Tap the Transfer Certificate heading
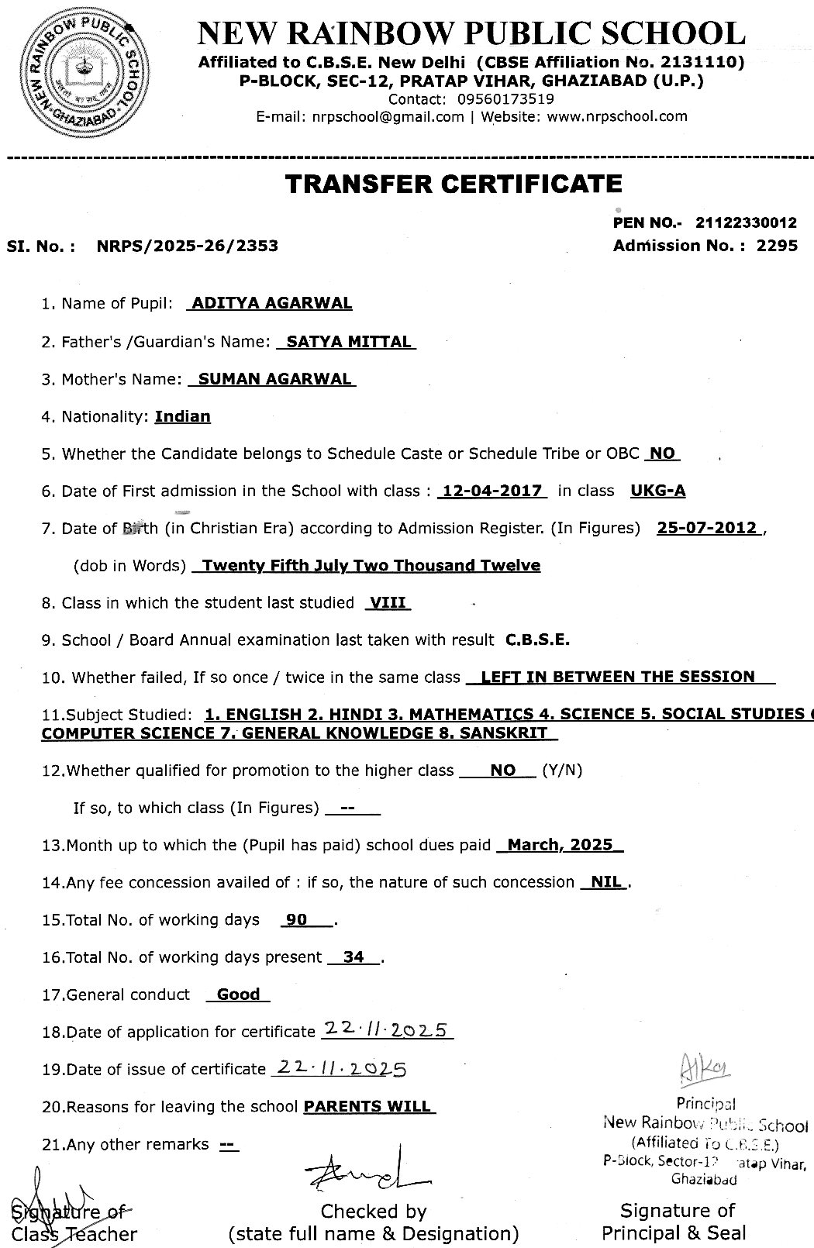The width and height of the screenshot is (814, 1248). click(x=454, y=184)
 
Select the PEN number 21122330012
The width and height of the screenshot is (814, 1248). click(x=746, y=223)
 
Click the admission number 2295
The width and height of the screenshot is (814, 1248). click(x=777, y=246)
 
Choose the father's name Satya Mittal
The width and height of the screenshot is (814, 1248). click(x=348, y=342)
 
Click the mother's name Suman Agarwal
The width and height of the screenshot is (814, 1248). click(x=275, y=379)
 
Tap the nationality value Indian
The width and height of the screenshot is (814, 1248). click(x=182, y=416)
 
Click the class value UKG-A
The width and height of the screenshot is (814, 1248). click(x=657, y=491)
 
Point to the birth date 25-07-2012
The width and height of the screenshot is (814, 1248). click(x=706, y=528)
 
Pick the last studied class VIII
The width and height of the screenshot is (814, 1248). click(x=388, y=602)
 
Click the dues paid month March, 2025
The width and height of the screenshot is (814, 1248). click(x=560, y=845)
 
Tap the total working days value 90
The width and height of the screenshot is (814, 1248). click(x=296, y=920)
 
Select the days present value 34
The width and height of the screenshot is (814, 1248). click(x=354, y=957)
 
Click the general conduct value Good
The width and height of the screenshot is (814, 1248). click(x=238, y=995)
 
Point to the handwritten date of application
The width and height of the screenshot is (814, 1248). click(x=385, y=1029)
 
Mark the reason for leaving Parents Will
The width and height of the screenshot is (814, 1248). click(x=367, y=1106)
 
